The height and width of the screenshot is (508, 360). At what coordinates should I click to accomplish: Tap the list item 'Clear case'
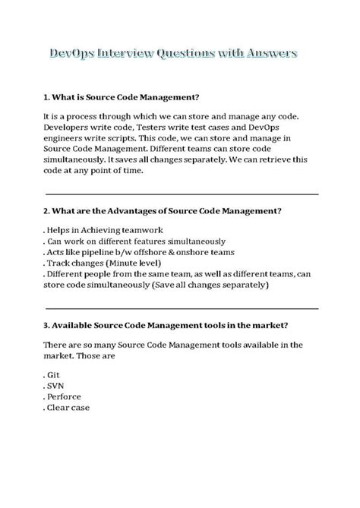68,408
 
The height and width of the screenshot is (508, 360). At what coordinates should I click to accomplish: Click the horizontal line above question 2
182,194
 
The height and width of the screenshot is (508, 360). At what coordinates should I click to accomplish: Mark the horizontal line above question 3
182,308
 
